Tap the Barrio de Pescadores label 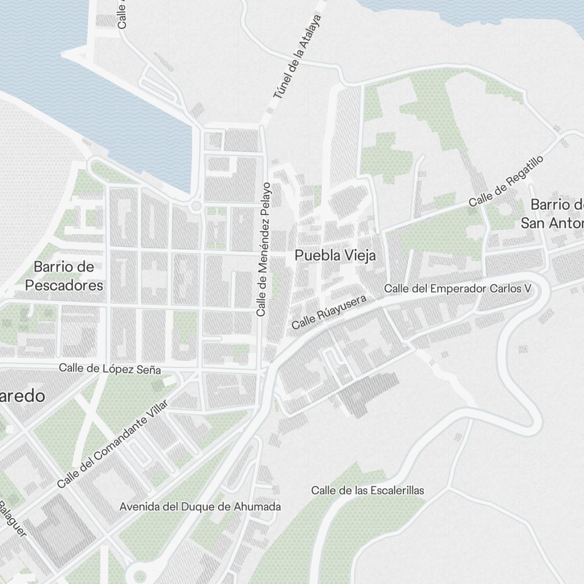pos(64,276)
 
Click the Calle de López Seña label pos(109,369)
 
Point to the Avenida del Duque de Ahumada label pos(200,506)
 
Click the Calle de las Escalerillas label pos(367,490)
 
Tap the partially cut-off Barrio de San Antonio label pos(552,214)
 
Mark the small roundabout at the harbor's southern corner pos(195,206)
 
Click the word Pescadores pos(64,286)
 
